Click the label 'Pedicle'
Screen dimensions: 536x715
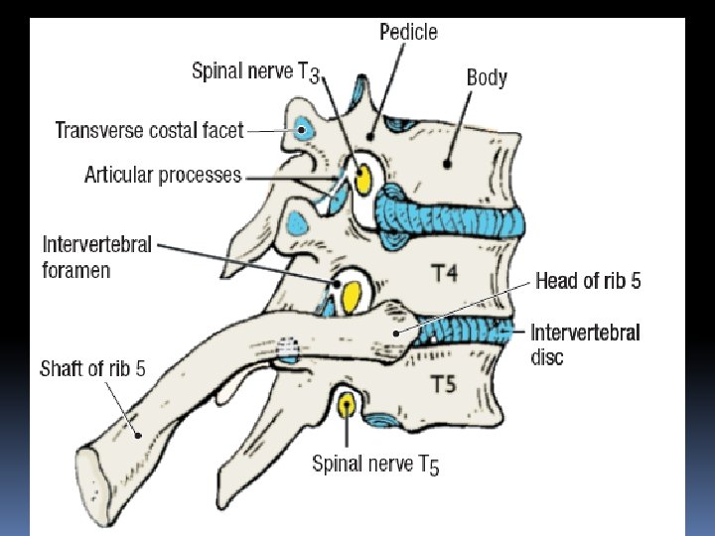408,32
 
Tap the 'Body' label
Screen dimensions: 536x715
487,77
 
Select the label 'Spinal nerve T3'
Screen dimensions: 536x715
255,71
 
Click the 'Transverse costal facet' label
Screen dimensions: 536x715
149,130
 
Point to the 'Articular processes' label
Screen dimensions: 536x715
163,176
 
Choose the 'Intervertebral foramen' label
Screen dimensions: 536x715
97,255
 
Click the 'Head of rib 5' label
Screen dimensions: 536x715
588,281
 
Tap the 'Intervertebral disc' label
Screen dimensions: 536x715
585,343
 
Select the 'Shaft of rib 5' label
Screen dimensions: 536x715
92,369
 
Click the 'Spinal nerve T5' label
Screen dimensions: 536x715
375,464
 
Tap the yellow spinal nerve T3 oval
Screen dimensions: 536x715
362,179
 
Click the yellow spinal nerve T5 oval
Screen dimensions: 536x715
347,405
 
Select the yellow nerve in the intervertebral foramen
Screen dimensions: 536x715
351,292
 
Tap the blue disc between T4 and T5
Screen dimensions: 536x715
467,333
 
